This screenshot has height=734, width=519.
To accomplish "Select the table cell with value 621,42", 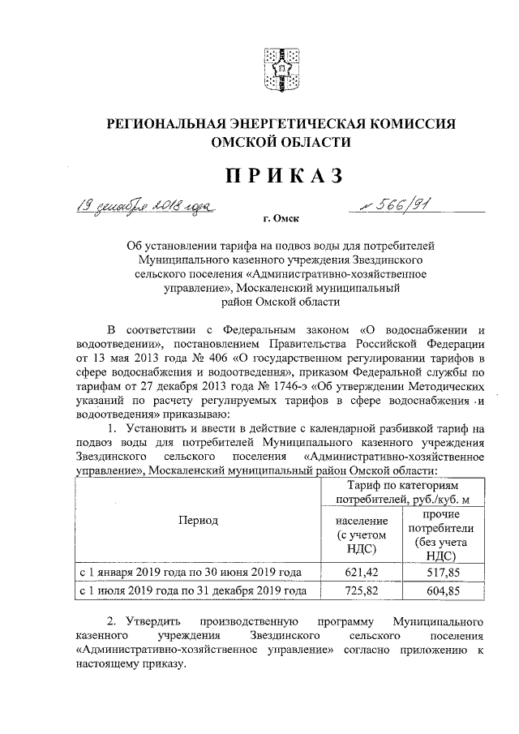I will tap(357, 573).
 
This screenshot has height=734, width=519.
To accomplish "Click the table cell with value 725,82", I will tap(357, 592).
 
